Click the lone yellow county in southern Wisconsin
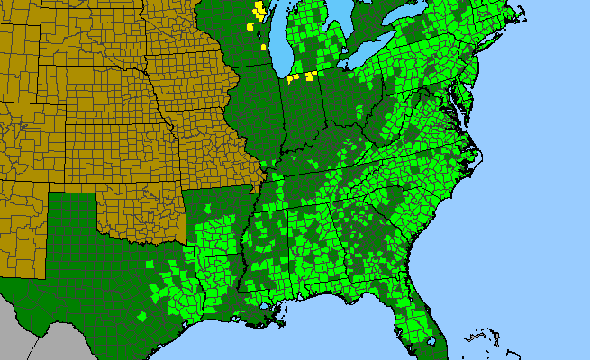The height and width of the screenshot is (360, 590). click(263, 46)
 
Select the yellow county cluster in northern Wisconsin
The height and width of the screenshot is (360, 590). click(259, 12)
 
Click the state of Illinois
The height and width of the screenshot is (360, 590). click(261, 108)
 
